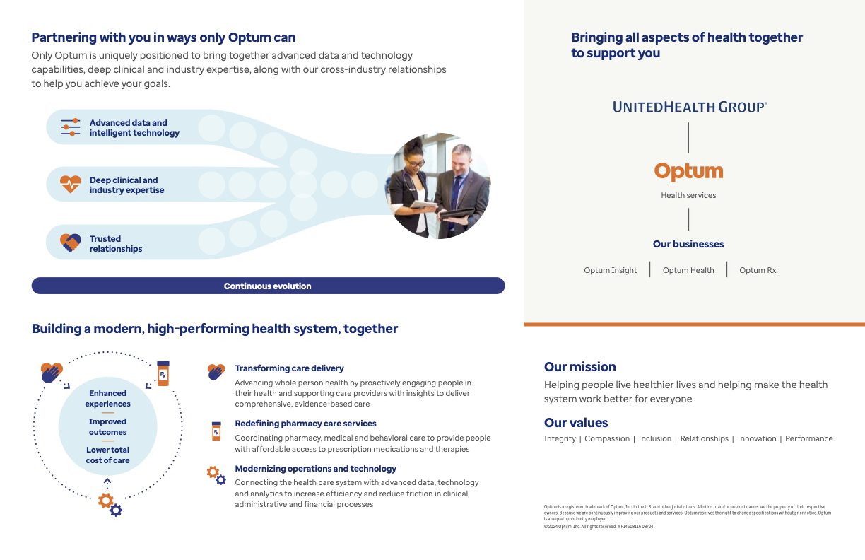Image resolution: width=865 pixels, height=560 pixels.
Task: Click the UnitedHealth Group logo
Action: (x=690, y=107)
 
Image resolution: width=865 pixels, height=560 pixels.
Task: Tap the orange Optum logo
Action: (x=688, y=172)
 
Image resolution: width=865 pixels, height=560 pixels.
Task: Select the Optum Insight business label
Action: (x=611, y=270)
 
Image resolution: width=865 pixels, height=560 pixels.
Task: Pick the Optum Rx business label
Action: (x=758, y=270)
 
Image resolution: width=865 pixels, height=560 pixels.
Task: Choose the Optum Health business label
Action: (x=688, y=270)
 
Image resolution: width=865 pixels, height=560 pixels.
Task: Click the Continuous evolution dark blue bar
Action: (x=268, y=286)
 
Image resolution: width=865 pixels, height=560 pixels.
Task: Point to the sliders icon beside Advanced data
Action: (x=70, y=127)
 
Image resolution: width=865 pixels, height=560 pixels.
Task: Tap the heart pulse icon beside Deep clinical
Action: (x=70, y=185)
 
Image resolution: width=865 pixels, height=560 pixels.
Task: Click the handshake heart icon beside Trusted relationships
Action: (x=70, y=243)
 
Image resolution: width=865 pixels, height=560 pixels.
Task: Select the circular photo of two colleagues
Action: (x=437, y=186)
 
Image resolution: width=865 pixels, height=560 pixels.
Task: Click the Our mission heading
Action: (x=579, y=367)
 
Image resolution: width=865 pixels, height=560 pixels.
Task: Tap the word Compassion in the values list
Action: (x=607, y=438)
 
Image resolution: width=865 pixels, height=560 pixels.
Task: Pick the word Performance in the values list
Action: (x=808, y=438)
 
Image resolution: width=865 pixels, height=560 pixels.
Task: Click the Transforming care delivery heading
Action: (x=289, y=368)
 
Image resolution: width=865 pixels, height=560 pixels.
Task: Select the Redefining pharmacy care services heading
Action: (x=305, y=424)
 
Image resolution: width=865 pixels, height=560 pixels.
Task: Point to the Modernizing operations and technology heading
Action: (x=315, y=469)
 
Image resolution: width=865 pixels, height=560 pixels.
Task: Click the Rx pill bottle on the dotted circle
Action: (x=163, y=373)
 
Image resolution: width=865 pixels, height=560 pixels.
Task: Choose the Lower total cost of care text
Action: (x=108, y=455)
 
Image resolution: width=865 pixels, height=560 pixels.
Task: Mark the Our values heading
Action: (x=576, y=423)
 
